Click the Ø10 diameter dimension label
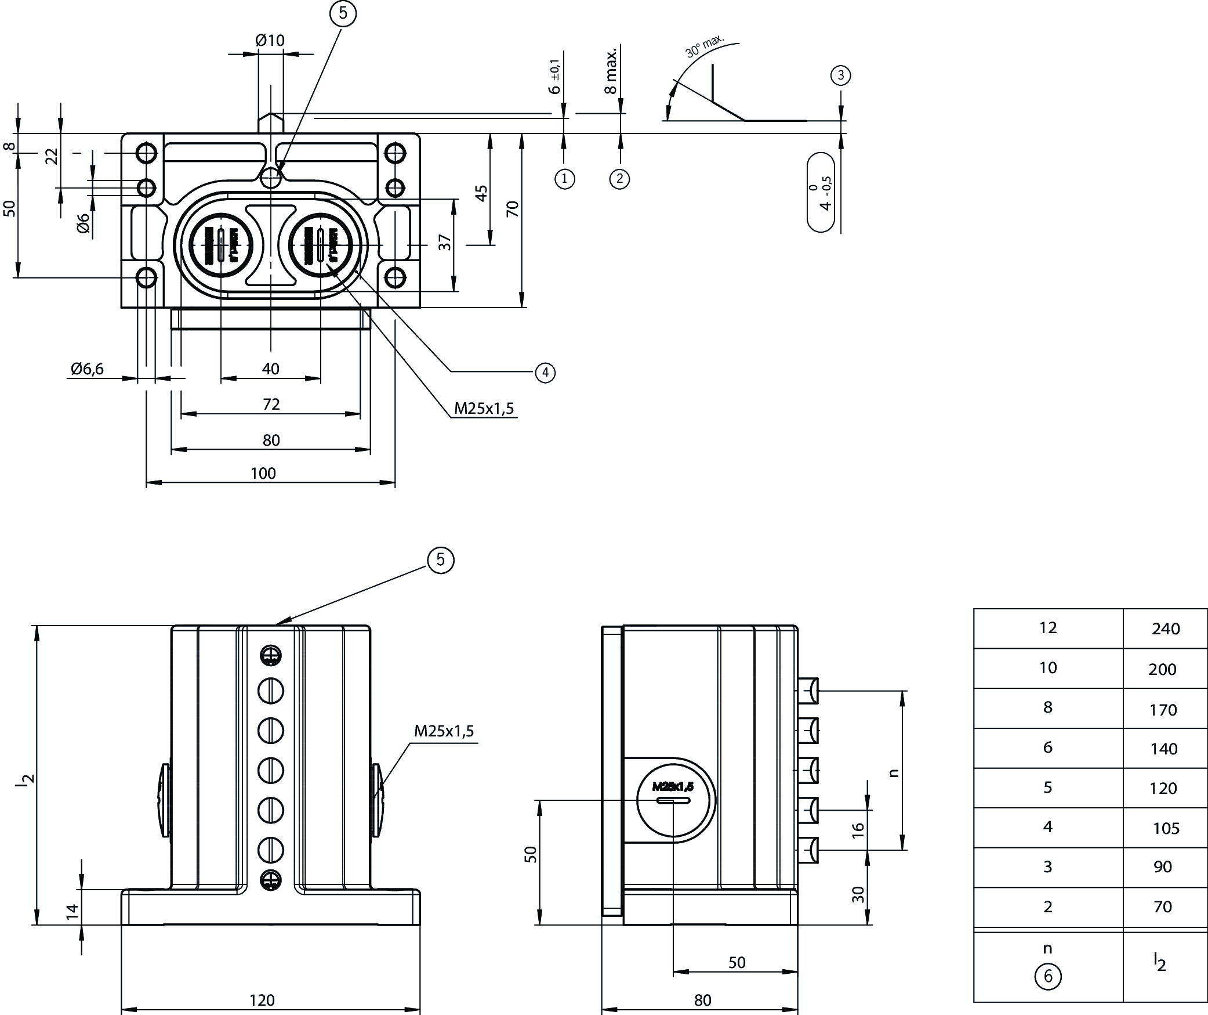270,40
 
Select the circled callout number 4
545,372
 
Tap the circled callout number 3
840,75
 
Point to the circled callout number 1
564,179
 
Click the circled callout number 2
619,179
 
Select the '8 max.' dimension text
610,71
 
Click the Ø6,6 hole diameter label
88,369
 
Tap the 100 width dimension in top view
263,473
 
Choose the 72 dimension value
271,404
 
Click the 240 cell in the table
1165,629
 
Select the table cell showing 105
1165,828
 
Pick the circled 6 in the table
1047,976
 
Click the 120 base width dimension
262,1000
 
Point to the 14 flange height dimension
72,911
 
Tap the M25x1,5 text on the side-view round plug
673,787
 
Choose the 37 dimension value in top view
445,242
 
